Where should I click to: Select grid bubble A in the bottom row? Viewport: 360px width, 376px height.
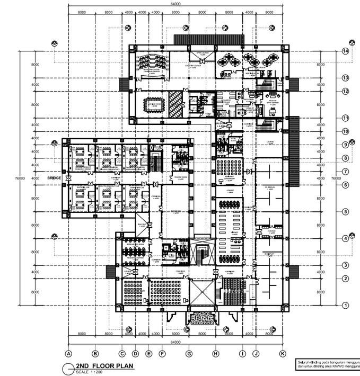tap(68, 353)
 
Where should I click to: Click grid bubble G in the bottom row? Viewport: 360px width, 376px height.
tap(188, 353)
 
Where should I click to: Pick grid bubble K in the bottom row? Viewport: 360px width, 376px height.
tap(283, 353)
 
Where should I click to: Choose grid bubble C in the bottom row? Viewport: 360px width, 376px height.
tap(122, 353)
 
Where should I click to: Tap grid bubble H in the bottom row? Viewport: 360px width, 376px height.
tap(216, 353)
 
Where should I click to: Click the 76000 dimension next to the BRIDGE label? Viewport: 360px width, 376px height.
tap(20, 178)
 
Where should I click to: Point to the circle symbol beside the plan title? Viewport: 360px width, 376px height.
tap(67, 368)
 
